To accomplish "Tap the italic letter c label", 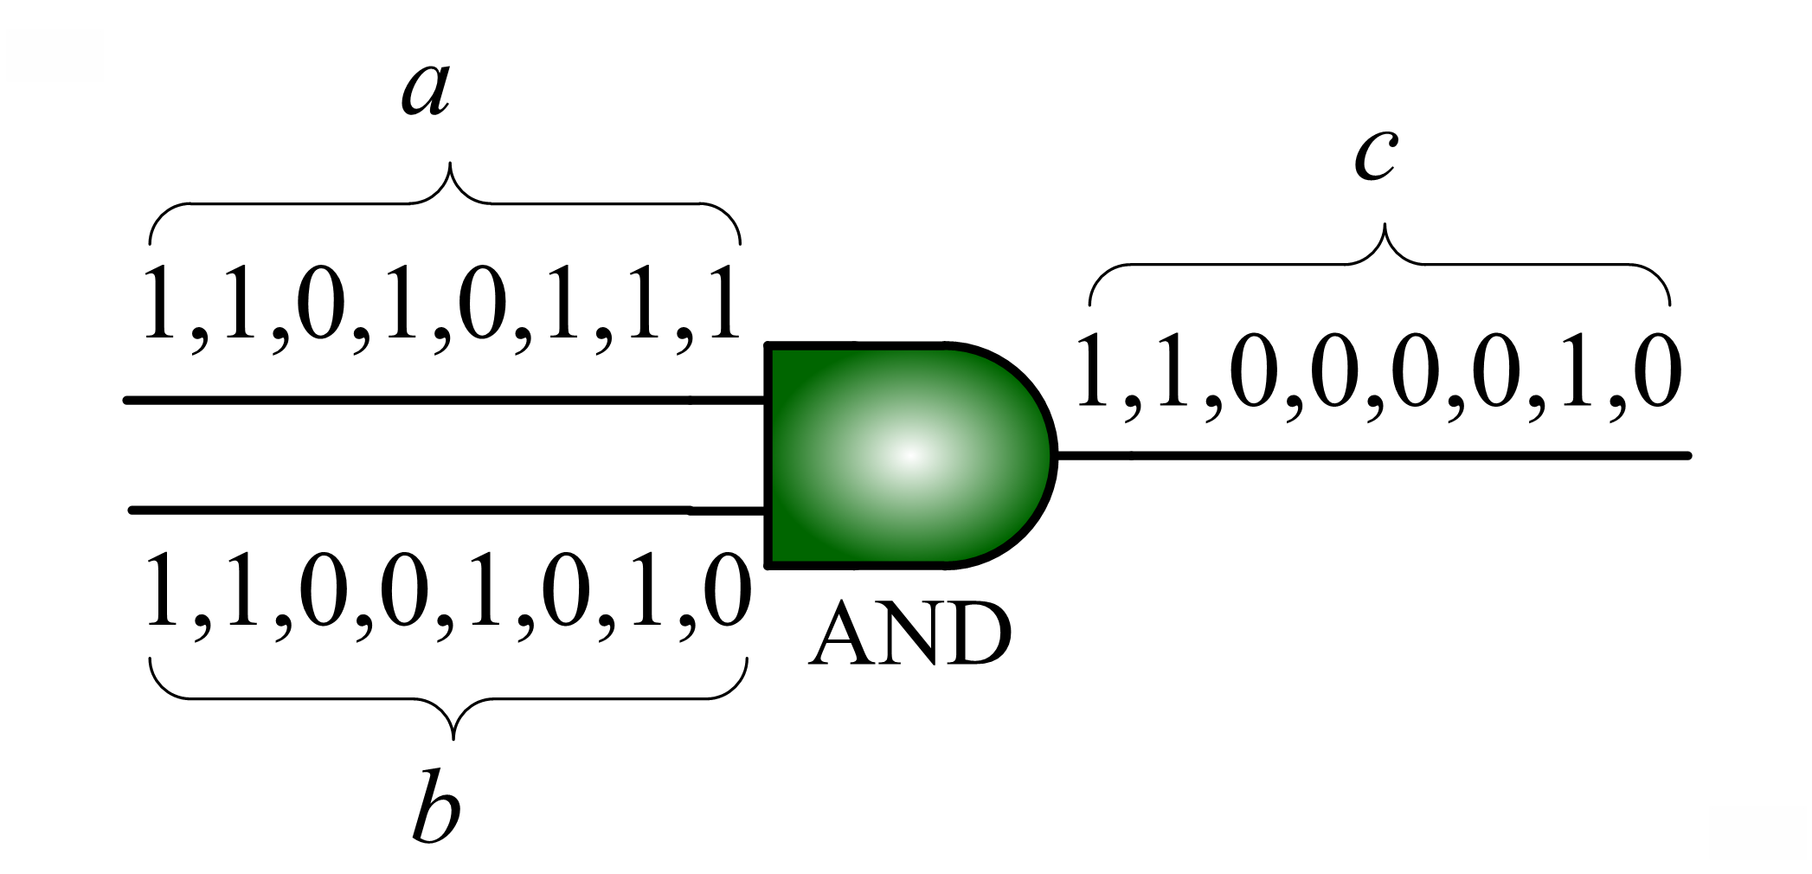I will (1375, 155).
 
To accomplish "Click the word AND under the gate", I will (910, 634).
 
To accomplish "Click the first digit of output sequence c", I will (1093, 371).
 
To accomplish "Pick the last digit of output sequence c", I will (1658, 371).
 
